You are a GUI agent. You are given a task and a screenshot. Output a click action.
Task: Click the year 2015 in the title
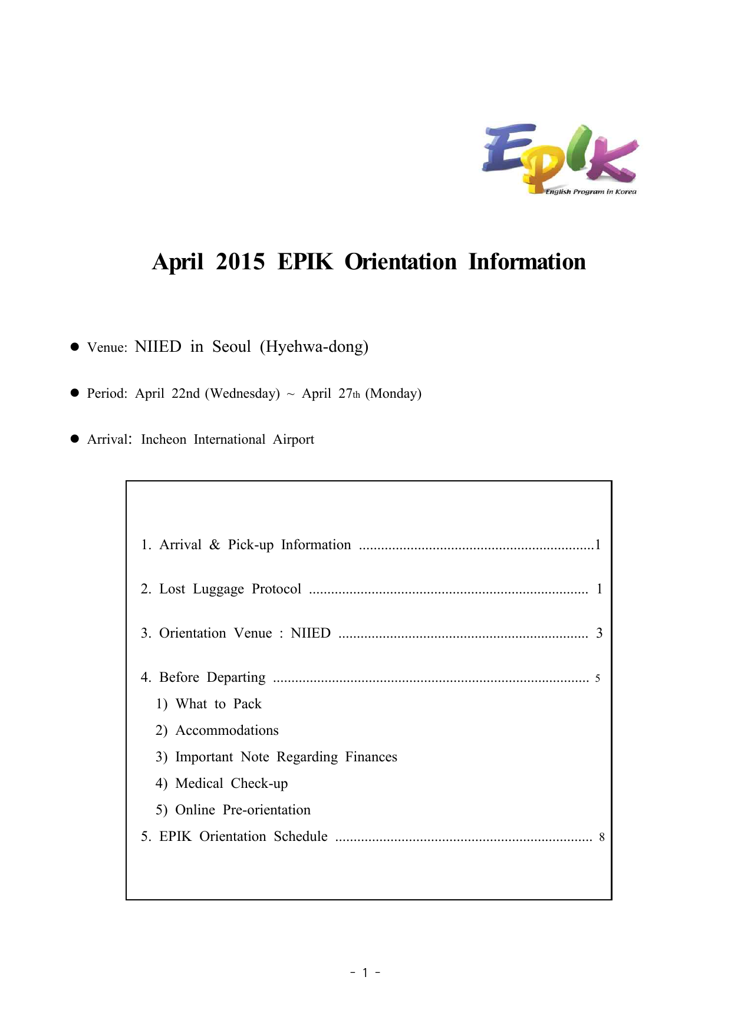[x=241, y=262]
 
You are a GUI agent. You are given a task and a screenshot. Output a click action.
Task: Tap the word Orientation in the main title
[x=400, y=262]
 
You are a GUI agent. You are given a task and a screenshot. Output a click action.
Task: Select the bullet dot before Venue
[x=75, y=346]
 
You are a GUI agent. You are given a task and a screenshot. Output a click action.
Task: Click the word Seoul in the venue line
[x=232, y=346]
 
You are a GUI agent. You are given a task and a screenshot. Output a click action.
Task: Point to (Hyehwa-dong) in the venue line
[x=314, y=346]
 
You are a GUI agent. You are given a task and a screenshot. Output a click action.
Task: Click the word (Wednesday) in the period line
[x=242, y=393]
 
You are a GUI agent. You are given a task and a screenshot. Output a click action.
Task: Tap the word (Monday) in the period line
[x=393, y=393]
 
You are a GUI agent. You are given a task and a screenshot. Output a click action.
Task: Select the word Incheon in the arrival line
[x=163, y=440]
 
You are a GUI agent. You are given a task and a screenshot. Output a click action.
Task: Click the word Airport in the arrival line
[x=293, y=440]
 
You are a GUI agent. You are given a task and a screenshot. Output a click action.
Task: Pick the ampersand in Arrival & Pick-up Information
[x=215, y=544]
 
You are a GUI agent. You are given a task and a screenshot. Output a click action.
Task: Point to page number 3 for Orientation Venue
[x=599, y=633]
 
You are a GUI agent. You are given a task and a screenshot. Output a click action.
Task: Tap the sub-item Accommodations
[x=227, y=730]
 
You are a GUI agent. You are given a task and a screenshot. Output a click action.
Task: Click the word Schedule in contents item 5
[x=301, y=836]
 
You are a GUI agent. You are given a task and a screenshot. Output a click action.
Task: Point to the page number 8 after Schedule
[x=601, y=837]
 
